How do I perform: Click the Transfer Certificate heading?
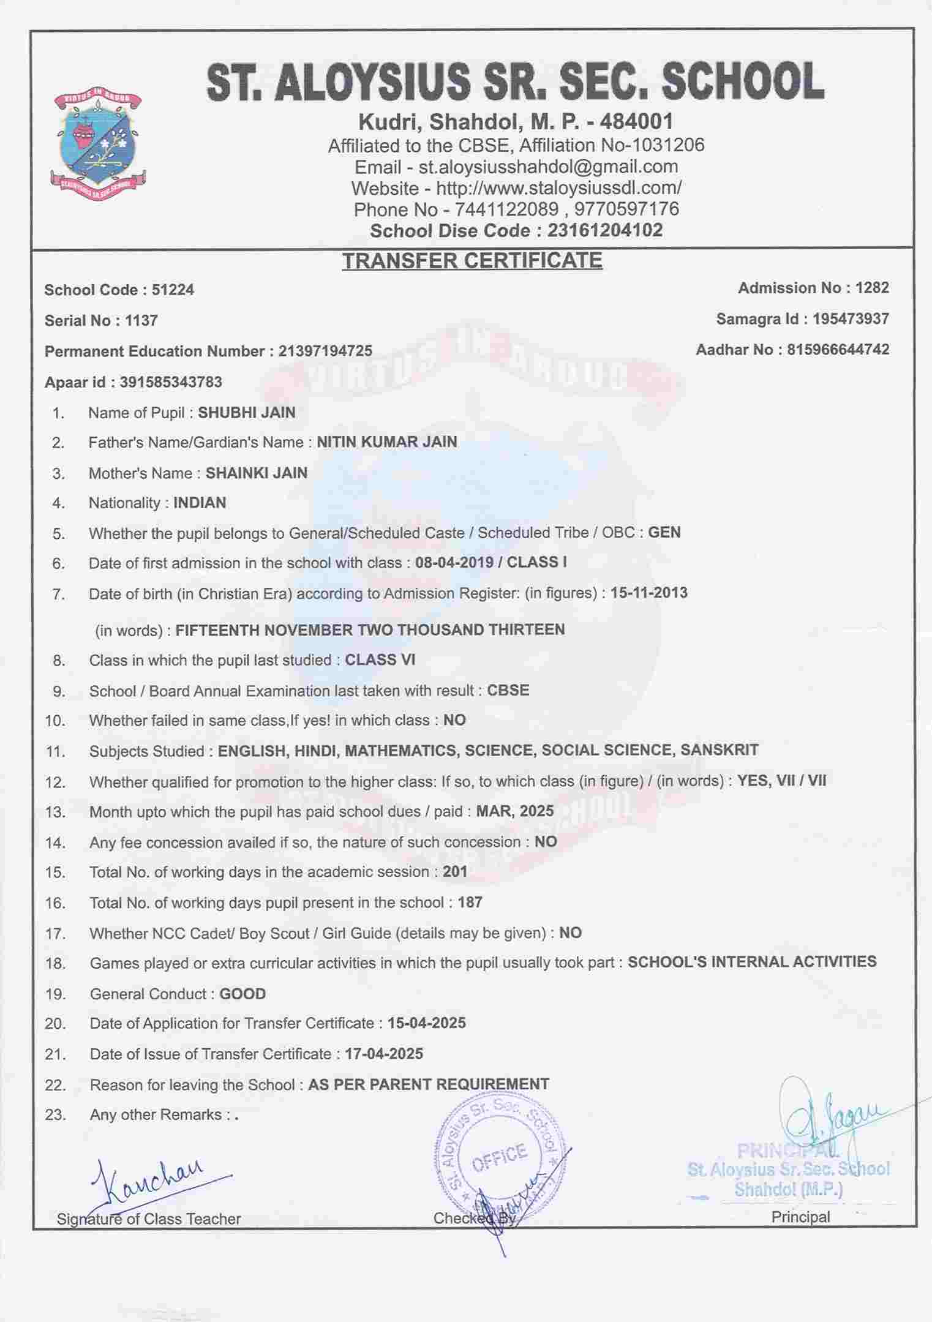coord(472,261)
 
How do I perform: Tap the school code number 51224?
coord(173,290)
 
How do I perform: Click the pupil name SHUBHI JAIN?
coord(246,413)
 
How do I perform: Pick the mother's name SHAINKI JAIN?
coord(256,473)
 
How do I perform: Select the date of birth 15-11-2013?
coord(648,593)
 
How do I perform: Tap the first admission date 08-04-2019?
coord(454,562)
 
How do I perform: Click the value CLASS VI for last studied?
coord(380,659)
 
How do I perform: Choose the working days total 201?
coord(454,871)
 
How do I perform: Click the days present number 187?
coord(470,902)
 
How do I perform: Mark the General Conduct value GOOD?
coord(242,994)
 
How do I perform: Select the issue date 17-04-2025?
coord(383,1054)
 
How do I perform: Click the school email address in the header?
coord(547,167)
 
